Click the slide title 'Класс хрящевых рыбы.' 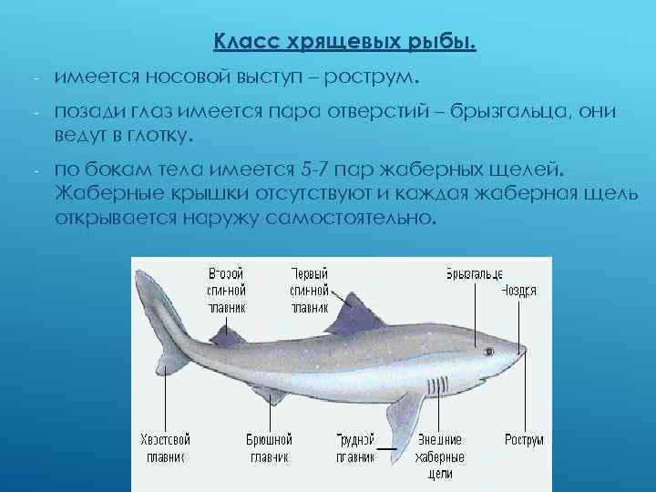[344, 43]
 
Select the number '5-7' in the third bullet [312, 169]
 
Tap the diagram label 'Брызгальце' [475, 273]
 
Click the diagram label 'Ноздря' [518, 291]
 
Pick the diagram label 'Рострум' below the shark [525, 439]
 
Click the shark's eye [488, 350]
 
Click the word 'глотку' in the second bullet [158, 136]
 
